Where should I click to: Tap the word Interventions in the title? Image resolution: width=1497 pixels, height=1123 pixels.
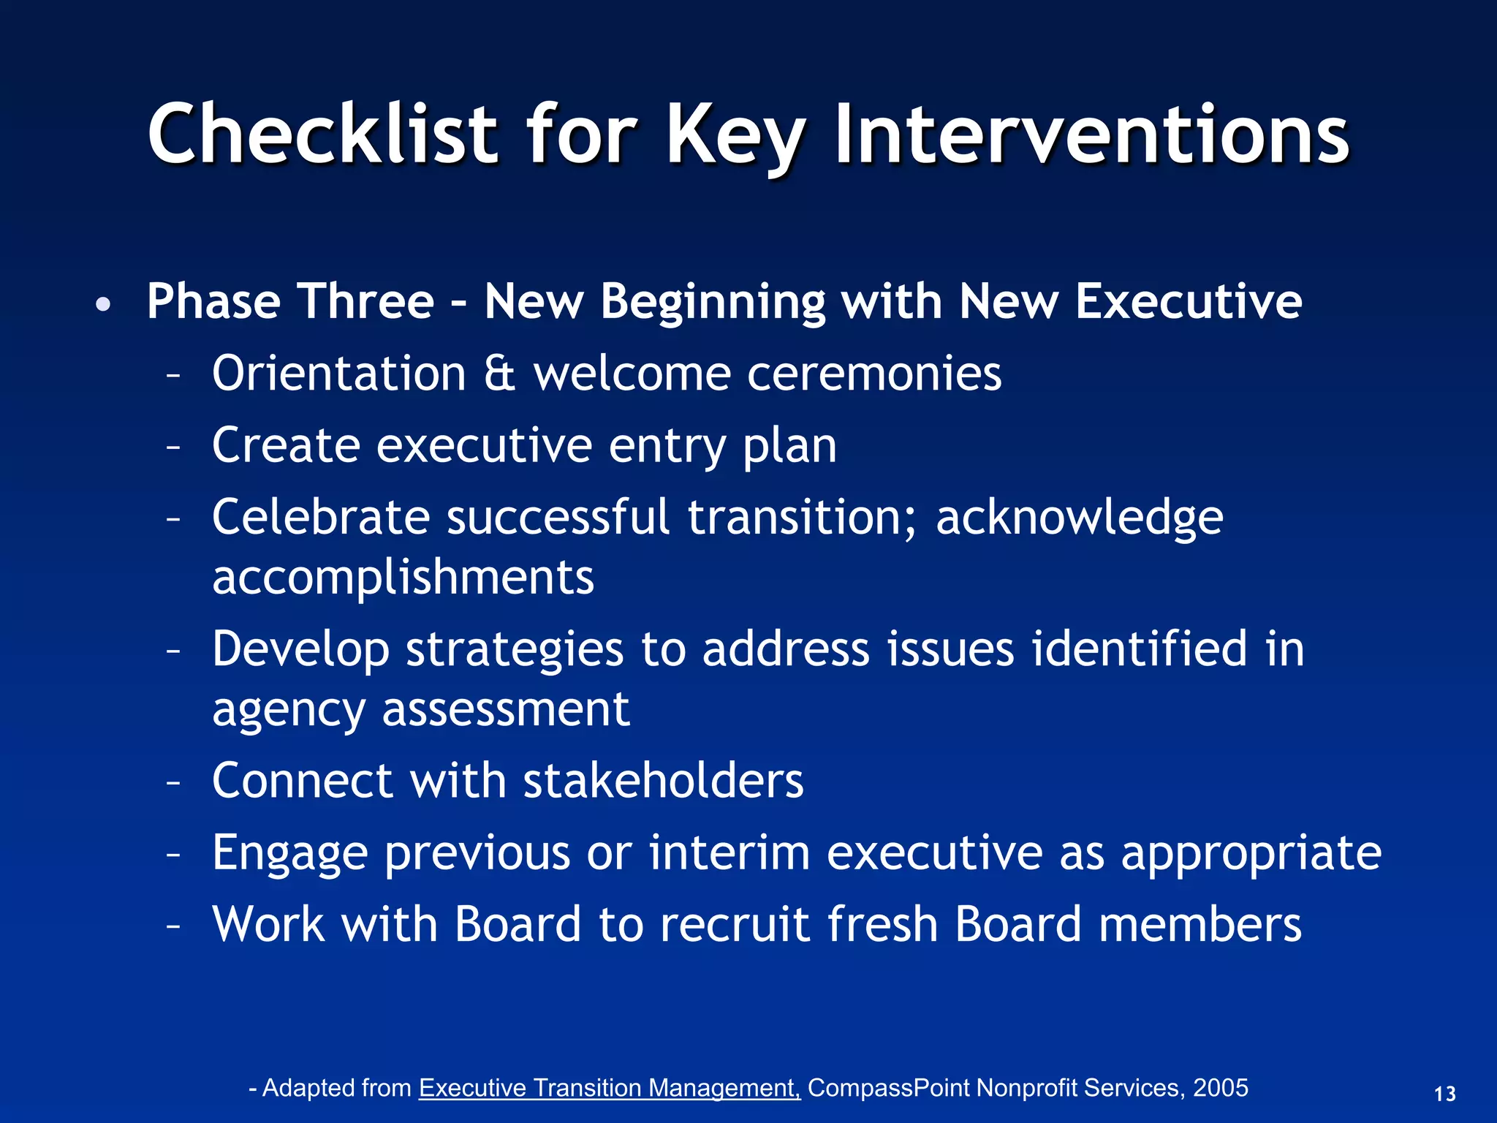(1091, 134)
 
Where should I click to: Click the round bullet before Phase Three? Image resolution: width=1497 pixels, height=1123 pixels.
(104, 304)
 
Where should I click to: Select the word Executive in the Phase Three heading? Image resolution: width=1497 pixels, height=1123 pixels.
(1189, 301)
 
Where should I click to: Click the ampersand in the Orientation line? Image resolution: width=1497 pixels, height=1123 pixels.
(499, 374)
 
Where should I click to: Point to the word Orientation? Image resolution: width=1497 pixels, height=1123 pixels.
(339, 374)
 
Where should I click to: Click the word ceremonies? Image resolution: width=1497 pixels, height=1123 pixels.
(874, 374)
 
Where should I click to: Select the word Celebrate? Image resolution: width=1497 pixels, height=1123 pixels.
(321, 517)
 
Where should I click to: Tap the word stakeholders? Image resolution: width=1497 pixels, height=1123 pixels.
(663, 780)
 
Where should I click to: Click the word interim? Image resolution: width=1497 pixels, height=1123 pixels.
(729, 852)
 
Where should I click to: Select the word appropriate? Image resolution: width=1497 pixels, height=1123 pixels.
(1251, 854)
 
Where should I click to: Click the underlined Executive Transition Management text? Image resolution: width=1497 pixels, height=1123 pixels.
(610, 1088)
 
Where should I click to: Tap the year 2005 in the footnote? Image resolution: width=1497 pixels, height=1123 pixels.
(1220, 1088)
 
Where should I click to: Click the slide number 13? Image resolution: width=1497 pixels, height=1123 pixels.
(1444, 1094)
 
